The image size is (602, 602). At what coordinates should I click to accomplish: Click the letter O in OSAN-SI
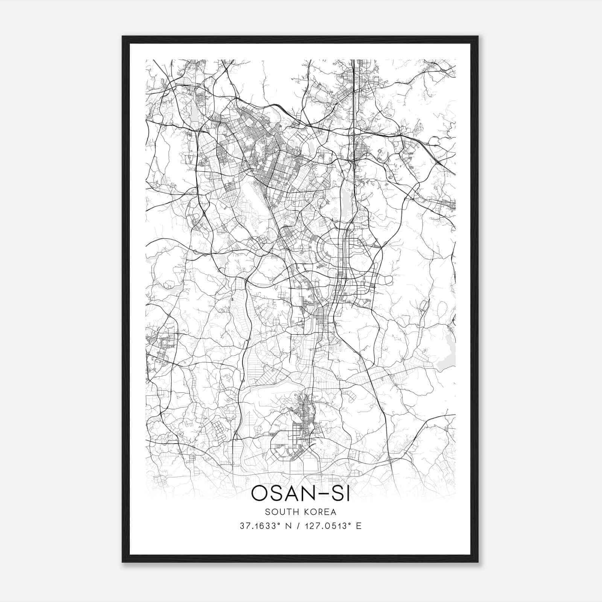click(x=260, y=494)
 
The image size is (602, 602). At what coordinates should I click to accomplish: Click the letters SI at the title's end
click(x=341, y=494)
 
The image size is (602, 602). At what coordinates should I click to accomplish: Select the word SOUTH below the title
click(x=279, y=512)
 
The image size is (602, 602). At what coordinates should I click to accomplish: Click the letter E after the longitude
click(x=359, y=526)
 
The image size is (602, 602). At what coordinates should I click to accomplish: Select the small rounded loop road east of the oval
click(x=388, y=279)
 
